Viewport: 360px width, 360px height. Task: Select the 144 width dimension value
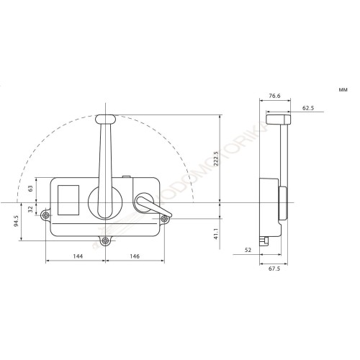click(77, 256)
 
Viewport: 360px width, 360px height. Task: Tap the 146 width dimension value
click(135, 256)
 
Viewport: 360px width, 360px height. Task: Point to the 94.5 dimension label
click(16, 220)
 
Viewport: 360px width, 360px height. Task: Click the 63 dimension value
click(31, 189)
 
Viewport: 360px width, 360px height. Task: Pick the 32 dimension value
click(31, 210)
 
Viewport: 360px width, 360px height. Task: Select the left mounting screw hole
click(46, 215)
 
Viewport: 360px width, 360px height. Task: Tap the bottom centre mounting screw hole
click(106, 240)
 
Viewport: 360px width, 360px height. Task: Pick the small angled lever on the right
click(150, 207)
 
